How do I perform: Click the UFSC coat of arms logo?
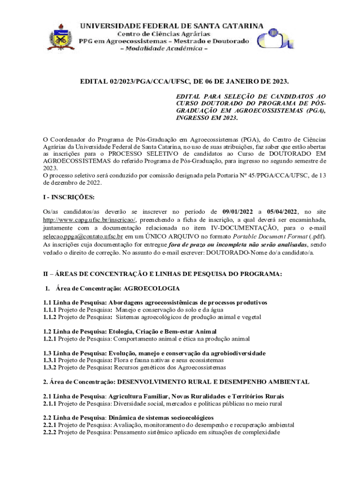pos(61,36)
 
